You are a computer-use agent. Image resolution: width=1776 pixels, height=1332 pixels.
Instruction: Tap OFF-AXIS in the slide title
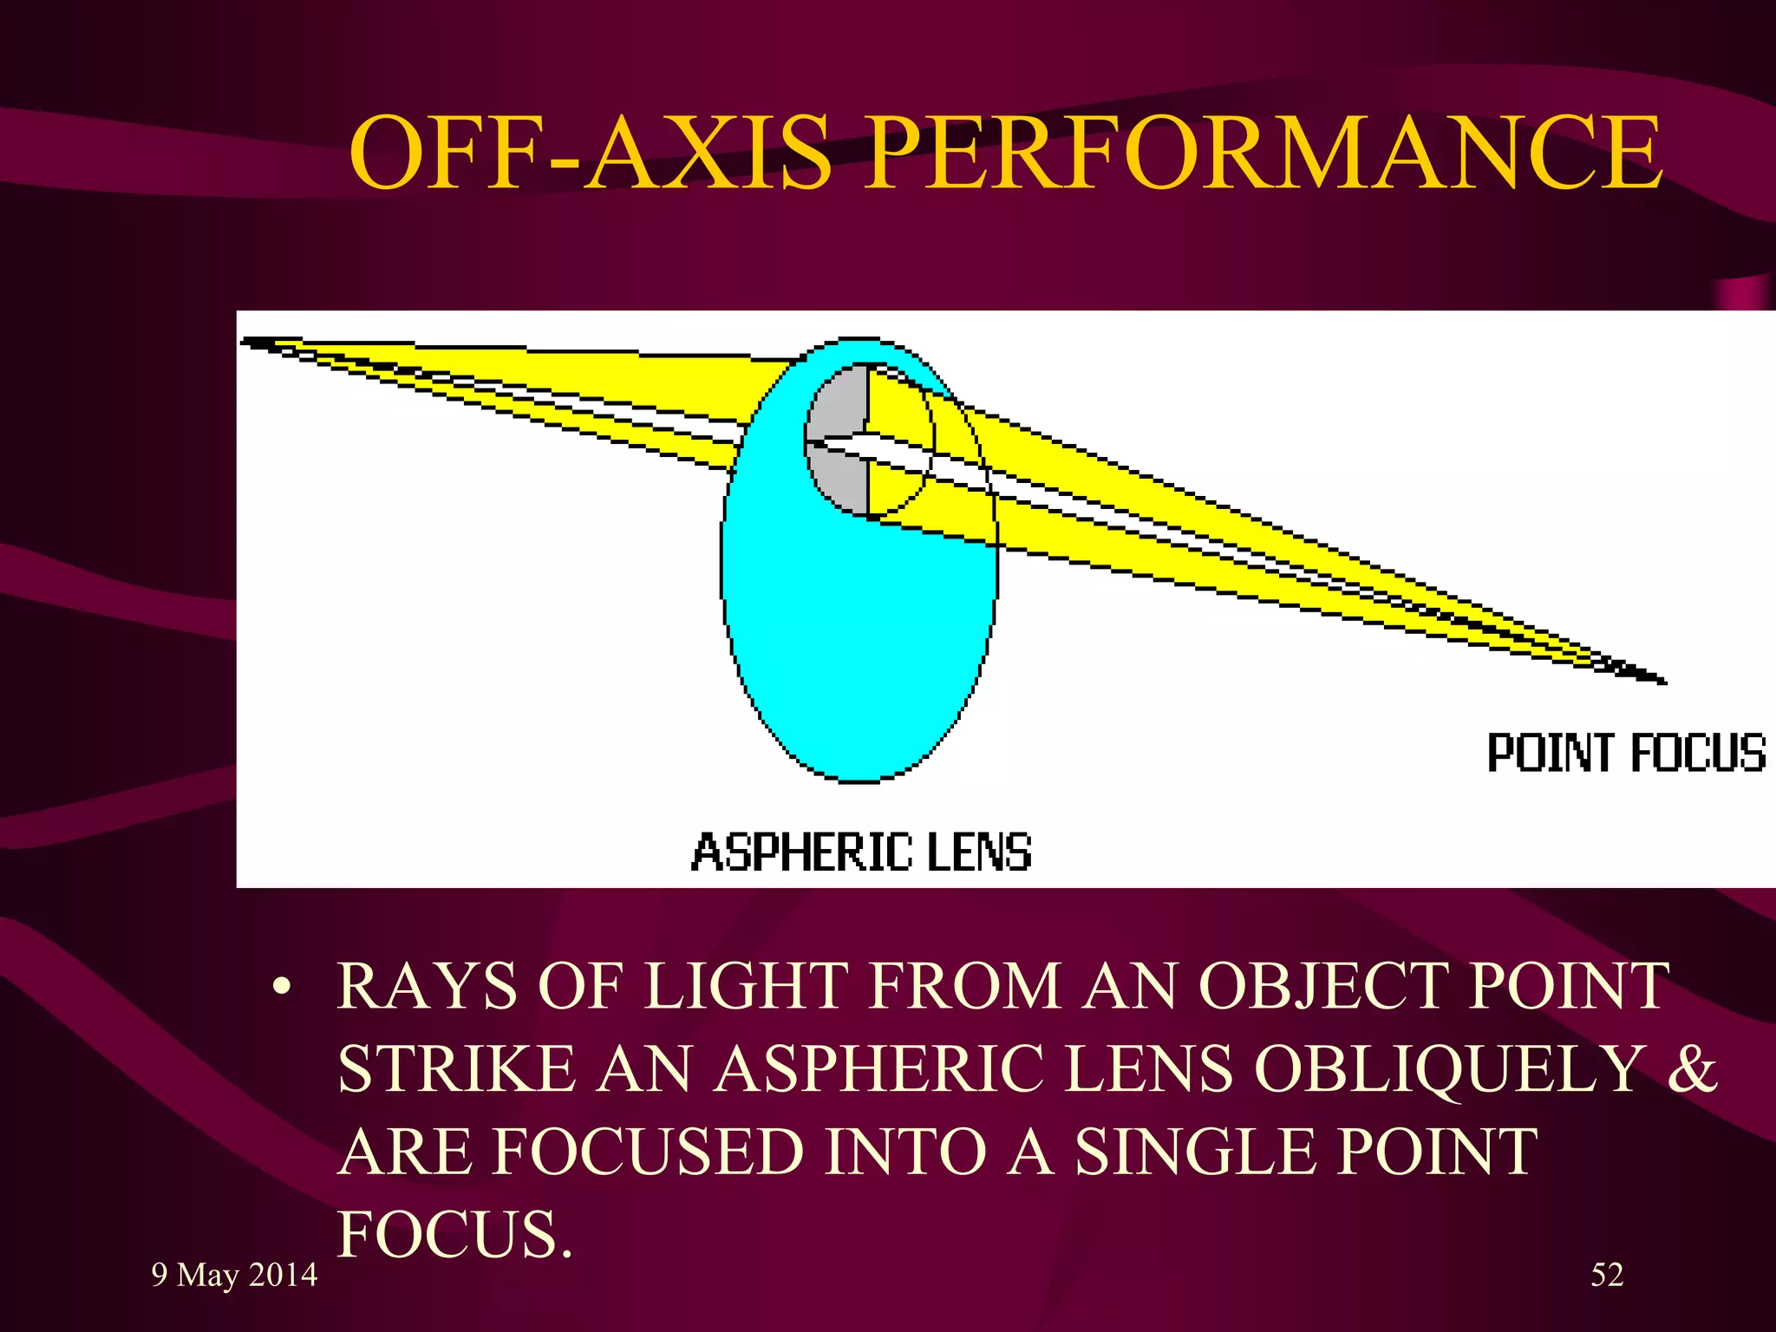tap(590, 153)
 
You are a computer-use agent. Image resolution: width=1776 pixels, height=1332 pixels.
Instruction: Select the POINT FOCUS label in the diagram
tap(1626, 753)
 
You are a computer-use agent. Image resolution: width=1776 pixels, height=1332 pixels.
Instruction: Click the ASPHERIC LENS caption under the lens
tap(861, 852)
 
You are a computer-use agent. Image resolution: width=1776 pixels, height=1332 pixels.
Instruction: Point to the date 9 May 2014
tap(234, 1275)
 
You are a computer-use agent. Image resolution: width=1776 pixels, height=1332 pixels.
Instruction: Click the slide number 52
tap(1607, 1275)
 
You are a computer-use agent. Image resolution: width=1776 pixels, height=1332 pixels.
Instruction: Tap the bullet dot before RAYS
tap(279, 989)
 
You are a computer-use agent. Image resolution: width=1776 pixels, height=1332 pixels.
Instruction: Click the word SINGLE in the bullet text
tap(1193, 1152)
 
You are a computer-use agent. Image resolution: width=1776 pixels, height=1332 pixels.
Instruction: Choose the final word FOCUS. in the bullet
tap(455, 1235)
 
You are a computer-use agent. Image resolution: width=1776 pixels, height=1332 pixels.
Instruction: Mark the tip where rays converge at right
tap(1661, 681)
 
